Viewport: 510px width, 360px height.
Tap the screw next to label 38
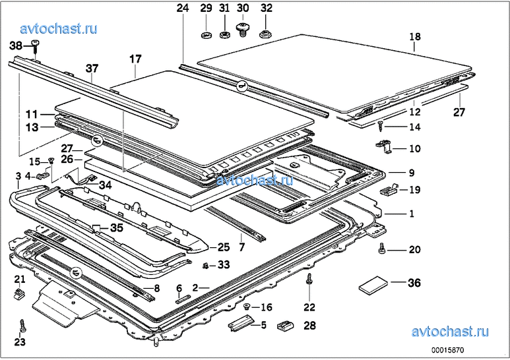coord(35,45)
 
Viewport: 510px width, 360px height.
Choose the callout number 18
coord(414,38)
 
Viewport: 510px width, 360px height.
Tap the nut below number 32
coord(265,34)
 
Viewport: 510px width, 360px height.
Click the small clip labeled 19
coord(388,190)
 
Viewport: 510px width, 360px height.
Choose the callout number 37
coord(92,67)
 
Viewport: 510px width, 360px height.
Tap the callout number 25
coord(223,247)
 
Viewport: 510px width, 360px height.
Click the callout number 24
coord(182,9)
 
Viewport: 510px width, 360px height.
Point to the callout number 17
coord(135,59)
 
